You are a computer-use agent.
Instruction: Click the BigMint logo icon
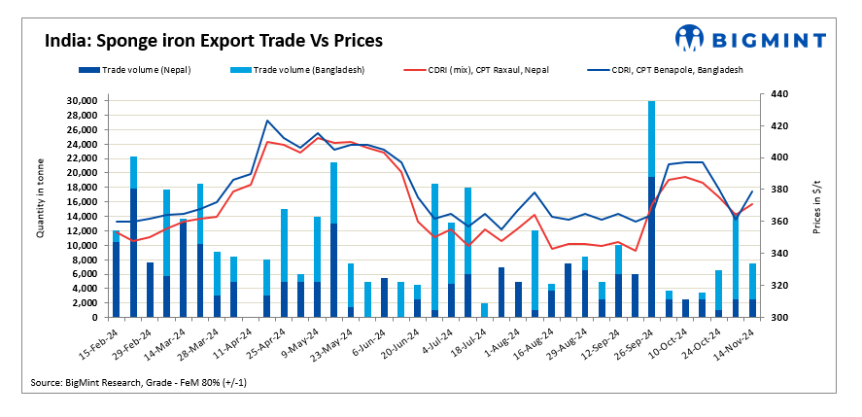tap(690, 39)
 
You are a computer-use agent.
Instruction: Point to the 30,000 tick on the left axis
tap(85, 101)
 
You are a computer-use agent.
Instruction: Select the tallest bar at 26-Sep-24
tap(651, 209)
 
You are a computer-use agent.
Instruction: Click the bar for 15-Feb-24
tap(117, 274)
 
